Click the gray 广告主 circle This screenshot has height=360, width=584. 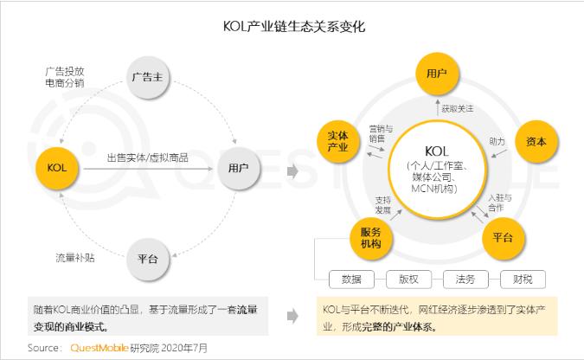tap(148, 77)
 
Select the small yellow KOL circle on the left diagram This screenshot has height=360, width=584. tap(57, 168)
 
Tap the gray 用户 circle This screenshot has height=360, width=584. tap(239, 168)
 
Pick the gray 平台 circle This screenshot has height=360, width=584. tap(148, 259)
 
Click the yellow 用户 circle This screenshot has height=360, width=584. tap(437, 74)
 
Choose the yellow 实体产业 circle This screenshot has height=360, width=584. tap(338, 141)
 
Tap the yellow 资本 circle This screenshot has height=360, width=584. tap(536, 141)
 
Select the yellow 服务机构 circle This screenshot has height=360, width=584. tap(371, 238)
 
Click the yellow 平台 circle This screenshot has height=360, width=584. tap(504, 238)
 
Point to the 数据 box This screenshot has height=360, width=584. tap(351, 280)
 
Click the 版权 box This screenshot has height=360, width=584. tap(408, 280)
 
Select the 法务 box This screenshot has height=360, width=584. tap(465, 280)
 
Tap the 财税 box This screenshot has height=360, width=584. tap(523, 280)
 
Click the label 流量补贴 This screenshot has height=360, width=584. tap(75, 258)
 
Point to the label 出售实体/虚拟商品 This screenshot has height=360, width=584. tap(147, 157)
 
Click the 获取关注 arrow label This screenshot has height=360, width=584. tap(458, 109)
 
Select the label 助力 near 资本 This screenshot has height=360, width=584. tap(497, 141)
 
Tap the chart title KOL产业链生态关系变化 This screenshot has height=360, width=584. tap(294, 27)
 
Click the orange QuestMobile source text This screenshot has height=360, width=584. tap(99, 348)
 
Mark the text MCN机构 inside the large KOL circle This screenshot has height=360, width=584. tap(434, 189)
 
